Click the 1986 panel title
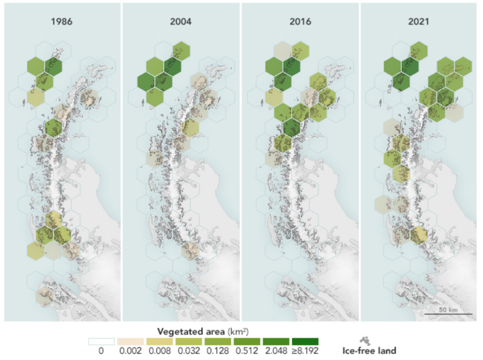tap(62, 21)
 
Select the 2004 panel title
tap(181, 21)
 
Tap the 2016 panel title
tap(300, 21)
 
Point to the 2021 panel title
tap(418, 21)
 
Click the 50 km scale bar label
tap(448, 310)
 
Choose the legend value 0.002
tap(131, 351)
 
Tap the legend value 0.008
tap(160, 351)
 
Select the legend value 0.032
tap(189, 351)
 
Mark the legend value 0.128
tap(218, 351)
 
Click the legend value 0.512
tap(247, 351)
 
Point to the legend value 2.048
tap(276, 351)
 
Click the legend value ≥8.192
tap(305, 351)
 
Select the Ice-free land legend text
tap(369, 351)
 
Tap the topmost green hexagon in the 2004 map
tap(181, 51)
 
